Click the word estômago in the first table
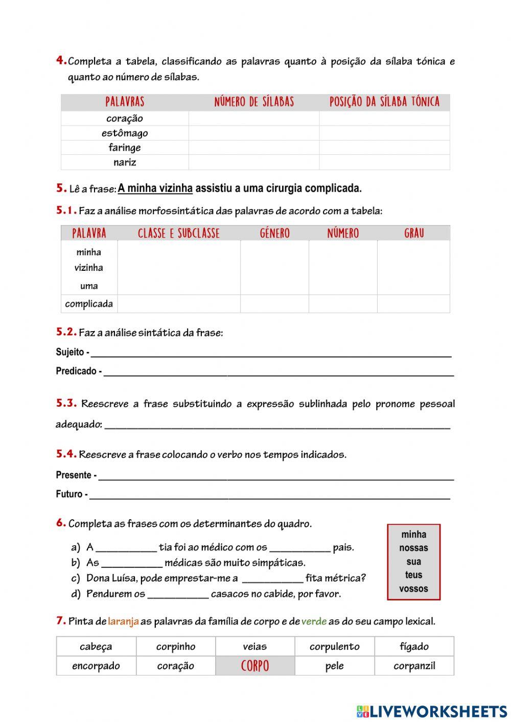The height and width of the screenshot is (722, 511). pos(125,133)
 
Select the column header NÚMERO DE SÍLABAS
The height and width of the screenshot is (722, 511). pos(254,102)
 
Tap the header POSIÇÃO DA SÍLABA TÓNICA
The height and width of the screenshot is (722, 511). pos(384,102)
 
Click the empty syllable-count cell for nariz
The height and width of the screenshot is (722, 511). pos(254,162)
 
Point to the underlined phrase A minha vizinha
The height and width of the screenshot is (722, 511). pos(155,188)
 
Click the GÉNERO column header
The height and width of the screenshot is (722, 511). pos(274,234)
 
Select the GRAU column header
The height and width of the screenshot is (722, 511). pos(414,234)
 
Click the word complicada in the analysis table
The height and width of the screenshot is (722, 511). pos(89,304)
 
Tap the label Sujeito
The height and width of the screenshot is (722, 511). pos(70,352)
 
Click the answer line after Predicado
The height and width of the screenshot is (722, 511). pos(278,372)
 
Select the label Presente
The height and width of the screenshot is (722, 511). pos(74,475)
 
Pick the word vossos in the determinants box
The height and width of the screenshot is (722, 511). pos(413,589)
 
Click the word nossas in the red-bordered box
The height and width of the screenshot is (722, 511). pos(413,548)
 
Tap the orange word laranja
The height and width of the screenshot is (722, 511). pos(123,622)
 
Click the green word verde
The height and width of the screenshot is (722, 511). pos(314,622)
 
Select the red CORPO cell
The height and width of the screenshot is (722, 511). pos(255,666)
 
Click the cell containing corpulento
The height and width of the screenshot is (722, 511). pos(334,646)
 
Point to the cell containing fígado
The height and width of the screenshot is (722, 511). pos(414,646)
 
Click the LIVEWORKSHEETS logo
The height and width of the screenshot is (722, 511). pos(432,711)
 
